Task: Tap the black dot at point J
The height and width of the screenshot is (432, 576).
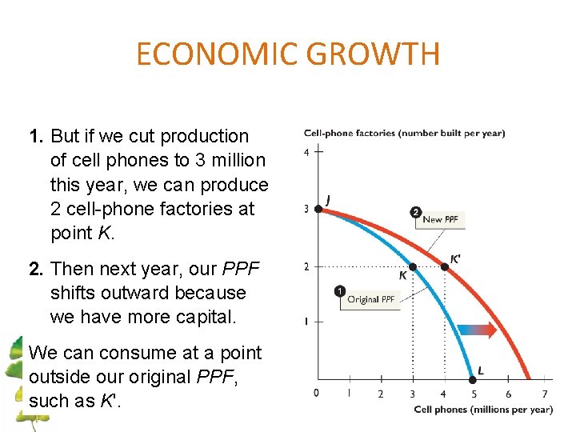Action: (318, 209)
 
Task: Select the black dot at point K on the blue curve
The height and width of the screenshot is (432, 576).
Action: (413, 266)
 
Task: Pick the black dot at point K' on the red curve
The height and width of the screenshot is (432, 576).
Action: (445, 266)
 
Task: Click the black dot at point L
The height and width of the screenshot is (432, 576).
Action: (472, 379)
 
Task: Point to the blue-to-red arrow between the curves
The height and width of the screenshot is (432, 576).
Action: (478, 329)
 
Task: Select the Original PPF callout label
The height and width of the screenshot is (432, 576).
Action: (370, 299)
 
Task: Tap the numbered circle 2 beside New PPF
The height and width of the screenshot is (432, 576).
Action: (415, 212)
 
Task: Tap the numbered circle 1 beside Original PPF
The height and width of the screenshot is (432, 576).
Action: (340, 290)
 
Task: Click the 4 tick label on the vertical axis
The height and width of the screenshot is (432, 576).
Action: (306, 152)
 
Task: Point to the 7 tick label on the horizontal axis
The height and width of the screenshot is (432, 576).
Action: (544, 394)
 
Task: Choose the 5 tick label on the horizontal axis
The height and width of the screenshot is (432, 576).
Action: (476, 394)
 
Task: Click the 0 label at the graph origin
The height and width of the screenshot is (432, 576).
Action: (316, 393)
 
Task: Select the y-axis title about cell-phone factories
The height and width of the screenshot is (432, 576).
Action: (404, 133)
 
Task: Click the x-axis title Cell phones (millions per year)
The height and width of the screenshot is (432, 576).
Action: (483, 410)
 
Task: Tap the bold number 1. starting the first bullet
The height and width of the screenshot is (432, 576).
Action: (36, 136)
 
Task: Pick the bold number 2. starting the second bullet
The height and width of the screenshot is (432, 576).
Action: (36, 269)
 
